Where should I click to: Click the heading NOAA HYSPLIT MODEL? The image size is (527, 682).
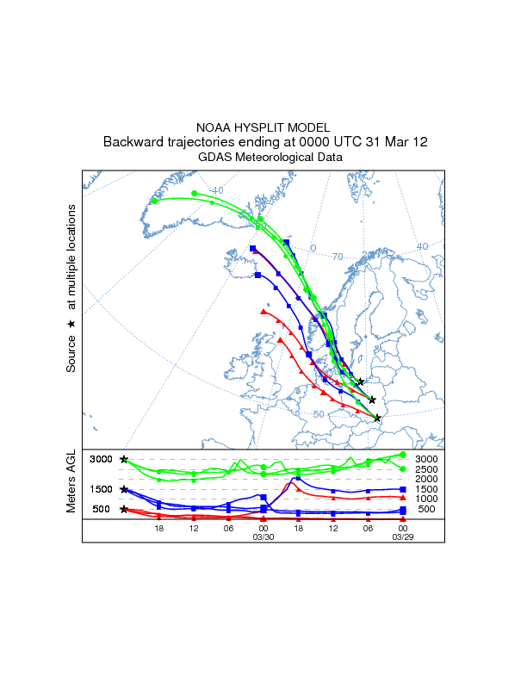tap(263, 127)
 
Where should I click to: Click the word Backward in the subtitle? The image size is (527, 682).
tap(133, 142)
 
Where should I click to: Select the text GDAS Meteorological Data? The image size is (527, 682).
tap(263, 158)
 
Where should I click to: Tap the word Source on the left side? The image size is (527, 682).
tap(72, 355)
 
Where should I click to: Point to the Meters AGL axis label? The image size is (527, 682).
tap(72, 481)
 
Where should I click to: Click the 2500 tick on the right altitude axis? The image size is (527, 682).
tap(427, 469)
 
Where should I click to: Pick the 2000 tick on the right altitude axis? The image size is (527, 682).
tap(427, 479)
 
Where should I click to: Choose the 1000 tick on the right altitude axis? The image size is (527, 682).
tap(427, 499)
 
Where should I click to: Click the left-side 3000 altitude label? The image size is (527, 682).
tap(102, 459)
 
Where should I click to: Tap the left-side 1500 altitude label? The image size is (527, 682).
tap(102, 489)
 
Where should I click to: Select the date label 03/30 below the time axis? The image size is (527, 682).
tap(263, 537)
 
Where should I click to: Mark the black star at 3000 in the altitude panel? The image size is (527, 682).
tap(125, 460)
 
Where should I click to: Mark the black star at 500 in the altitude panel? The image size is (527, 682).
tap(125, 509)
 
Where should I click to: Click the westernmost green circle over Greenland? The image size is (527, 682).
tap(155, 201)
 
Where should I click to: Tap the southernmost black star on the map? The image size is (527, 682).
tap(377, 418)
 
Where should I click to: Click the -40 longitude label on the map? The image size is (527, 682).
tap(216, 190)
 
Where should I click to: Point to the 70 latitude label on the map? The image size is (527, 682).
tap(338, 257)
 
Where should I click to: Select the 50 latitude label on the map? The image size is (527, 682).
tap(319, 414)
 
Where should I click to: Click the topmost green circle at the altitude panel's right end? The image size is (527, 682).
tap(403, 455)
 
